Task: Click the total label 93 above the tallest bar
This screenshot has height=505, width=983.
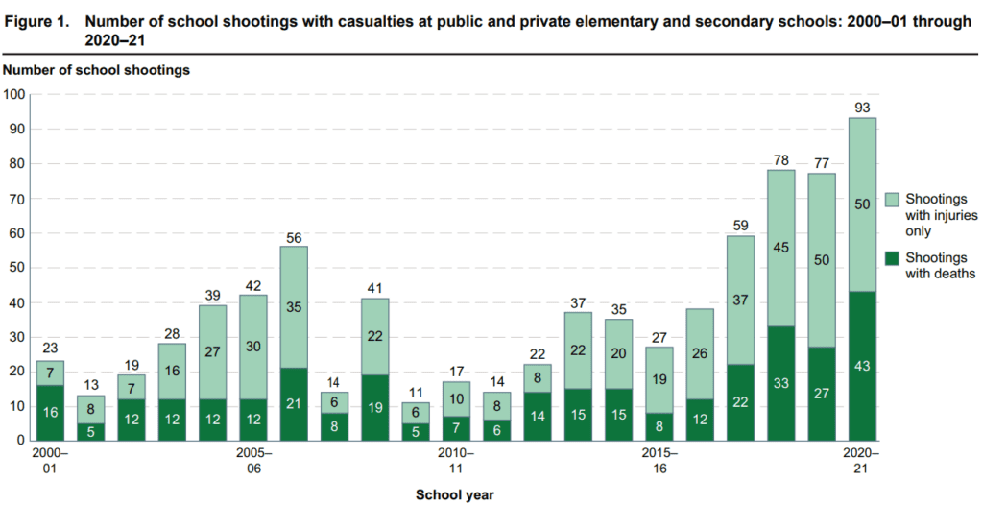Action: (862, 107)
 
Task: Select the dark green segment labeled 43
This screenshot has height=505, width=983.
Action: (862, 366)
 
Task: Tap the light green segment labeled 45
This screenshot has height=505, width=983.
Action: (780, 248)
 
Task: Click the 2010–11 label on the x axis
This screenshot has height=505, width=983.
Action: (456, 459)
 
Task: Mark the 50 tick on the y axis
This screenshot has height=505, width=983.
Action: (16, 268)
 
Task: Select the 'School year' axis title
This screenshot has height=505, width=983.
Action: (455, 494)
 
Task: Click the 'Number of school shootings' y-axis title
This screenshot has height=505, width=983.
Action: (96, 70)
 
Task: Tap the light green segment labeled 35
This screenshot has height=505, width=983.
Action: (294, 307)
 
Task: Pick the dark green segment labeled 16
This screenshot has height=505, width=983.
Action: (50, 413)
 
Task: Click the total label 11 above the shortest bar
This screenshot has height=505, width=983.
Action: (416, 392)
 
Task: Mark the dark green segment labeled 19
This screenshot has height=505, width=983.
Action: (375, 407)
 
